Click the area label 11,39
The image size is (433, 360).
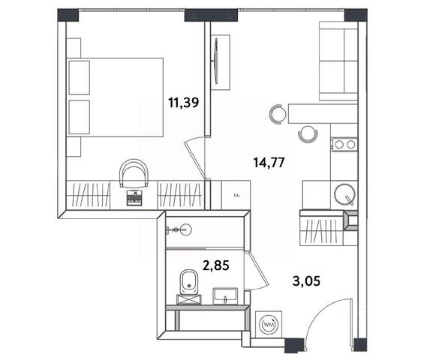(x=184, y=103)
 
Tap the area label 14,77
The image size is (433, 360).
(x=269, y=163)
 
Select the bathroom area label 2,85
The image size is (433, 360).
(x=216, y=265)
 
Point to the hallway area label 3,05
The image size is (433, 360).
(x=306, y=281)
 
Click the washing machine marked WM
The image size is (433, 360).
(x=269, y=325)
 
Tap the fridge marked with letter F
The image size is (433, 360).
(x=236, y=195)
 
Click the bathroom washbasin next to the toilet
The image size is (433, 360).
(x=225, y=296)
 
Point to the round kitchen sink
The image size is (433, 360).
(x=344, y=194)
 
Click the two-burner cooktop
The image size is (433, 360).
(x=345, y=145)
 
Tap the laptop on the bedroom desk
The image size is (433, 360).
(x=134, y=198)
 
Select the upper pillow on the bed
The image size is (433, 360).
(x=80, y=78)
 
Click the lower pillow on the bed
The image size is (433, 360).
(x=80, y=117)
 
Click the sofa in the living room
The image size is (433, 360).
(x=338, y=61)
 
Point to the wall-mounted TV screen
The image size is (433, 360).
(x=215, y=61)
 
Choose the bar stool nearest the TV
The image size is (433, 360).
(x=278, y=114)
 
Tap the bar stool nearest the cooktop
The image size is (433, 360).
(x=308, y=134)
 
